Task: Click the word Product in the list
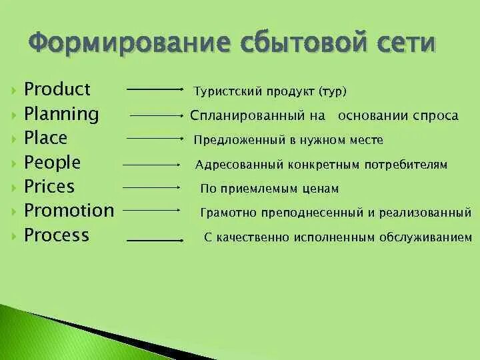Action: click(x=57, y=89)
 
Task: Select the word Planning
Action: click(x=61, y=114)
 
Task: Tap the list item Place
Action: click(x=45, y=138)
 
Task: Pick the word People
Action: click(x=52, y=162)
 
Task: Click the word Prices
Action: click(x=49, y=186)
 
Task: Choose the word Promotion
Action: click(x=69, y=211)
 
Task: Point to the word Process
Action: click(x=56, y=235)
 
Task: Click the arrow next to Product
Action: click(x=155, y=89)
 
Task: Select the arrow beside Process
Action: click(x=155, y=239)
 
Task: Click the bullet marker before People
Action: click(x=14, y=163)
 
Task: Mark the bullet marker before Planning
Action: click(x=14, y=115)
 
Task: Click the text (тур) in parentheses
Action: click(x=333, y=91)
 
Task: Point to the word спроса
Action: click(x=435, y=115)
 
